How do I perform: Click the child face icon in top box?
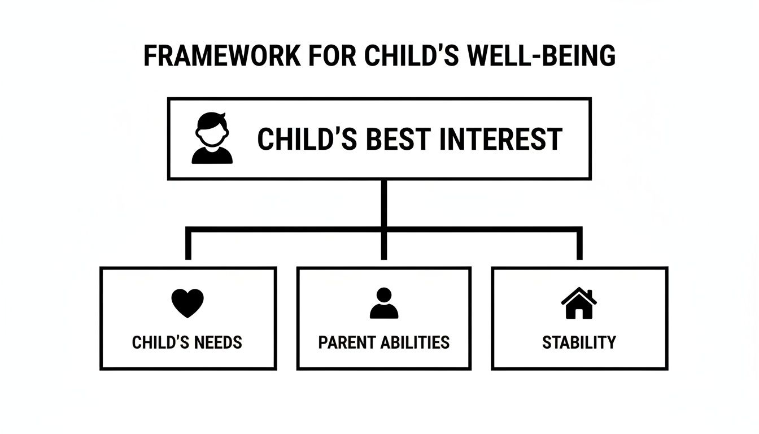coord(212,138)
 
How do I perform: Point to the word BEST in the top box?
coord(399,139)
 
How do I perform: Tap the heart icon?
coord(187,303)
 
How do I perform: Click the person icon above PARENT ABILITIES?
coord(384,303)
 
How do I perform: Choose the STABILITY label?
coord(579,342)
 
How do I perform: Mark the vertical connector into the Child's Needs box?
coord(189,246)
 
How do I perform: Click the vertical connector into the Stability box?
coord(579,246)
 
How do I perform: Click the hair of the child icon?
coord(212,119)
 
